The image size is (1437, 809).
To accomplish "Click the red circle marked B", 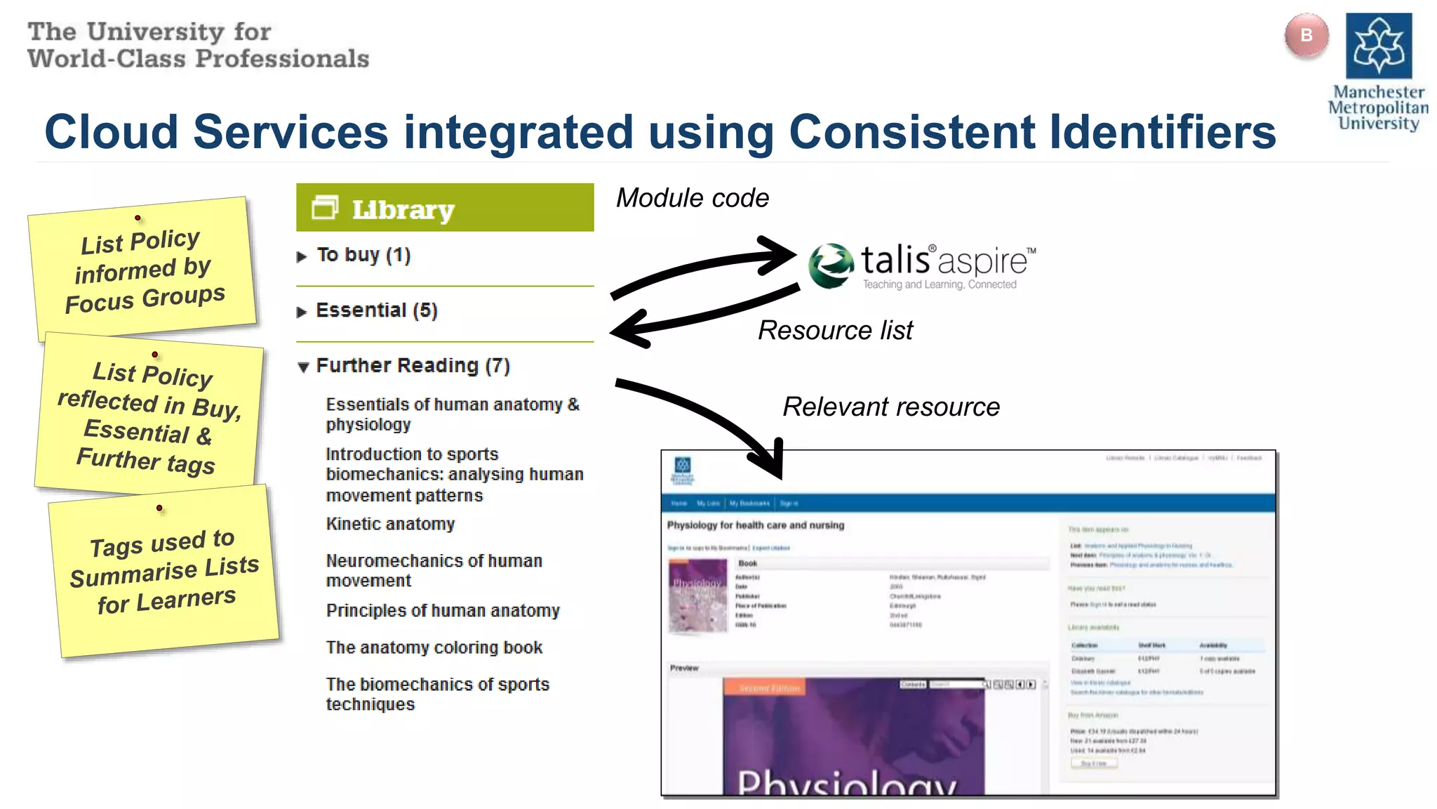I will pos(1306,35).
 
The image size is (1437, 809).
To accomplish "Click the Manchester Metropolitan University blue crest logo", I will pos(1378,46).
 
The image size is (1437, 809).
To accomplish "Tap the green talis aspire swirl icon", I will pos(831,265).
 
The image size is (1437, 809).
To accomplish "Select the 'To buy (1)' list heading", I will pos(363,255).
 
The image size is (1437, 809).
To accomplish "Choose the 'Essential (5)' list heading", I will pos(376,310).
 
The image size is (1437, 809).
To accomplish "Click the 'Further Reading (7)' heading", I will pos(413,366).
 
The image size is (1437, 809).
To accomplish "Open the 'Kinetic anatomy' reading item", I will pos(390,524).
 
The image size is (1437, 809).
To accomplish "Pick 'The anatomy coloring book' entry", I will pos(434,647).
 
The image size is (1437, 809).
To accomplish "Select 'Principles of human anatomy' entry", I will pos(443,611).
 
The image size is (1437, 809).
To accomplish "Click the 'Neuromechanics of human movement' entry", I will pos(434,570).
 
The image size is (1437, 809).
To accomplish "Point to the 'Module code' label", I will pos(692,198).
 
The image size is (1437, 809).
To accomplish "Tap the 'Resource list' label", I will pos(835,330).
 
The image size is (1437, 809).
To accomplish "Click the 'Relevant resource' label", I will pos(891,407).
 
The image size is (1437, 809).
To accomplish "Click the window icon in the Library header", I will pos(325,207).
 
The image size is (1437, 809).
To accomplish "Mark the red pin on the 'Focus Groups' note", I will pos(138,218).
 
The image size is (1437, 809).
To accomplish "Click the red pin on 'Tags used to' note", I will pos(160,508).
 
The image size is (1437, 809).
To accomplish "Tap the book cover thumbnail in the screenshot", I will pos(697,596).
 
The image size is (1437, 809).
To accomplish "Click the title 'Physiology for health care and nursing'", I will pos(756,525).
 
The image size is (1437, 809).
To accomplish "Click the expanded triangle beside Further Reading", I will pos(303,367).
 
